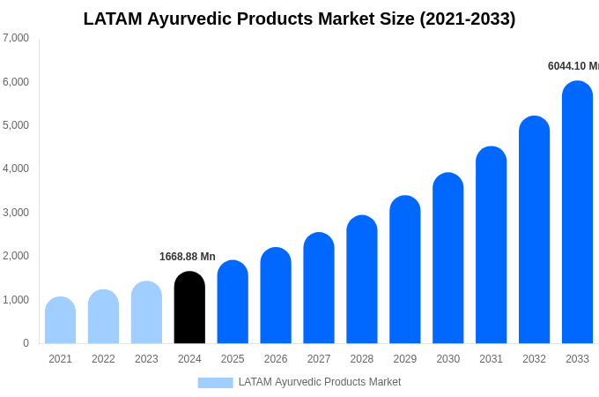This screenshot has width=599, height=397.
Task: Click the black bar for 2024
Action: pyautogui.click(x=189, y=308)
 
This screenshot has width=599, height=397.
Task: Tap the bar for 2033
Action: pyautogui.click(x=577, y=213)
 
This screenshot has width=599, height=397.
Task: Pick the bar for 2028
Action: pyautogui.click(x=362, y=280)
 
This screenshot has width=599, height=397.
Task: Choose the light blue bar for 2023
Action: pyautogui.click(x=146, y=312)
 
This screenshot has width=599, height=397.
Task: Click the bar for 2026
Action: pyautogui.click(x=276, y=296)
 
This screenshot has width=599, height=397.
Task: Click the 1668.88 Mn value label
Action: pyautogui.click(x=187, y=257)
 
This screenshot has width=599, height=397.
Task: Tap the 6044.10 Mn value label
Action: pyautogui.click(x=573, y=66)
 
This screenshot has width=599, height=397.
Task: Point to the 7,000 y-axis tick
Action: pyautogui.click(x=16, y=38)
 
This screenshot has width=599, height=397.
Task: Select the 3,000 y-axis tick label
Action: pyautogui.click(x=16, y=213)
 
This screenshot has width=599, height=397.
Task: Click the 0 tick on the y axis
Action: pyautogui.click(x=26, y=343)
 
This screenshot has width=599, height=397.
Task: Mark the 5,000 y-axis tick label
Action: pyautogui.click(x=16, y=125)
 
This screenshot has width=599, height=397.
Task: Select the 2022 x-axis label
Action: pyautogui.click(x=103, y=359)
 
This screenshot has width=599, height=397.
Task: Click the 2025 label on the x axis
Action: pyautogui.click(x=233, y=359)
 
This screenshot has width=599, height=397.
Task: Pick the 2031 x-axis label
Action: pyautogui.click(x=491, y=359)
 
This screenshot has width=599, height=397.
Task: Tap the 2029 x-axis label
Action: pyautogui.click(x=404, y=359)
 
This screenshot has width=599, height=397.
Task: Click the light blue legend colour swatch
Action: pyautogui.click(x=215, y=383)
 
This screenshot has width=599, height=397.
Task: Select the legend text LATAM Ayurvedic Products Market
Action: pyautogui.click(x=319, y=382)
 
